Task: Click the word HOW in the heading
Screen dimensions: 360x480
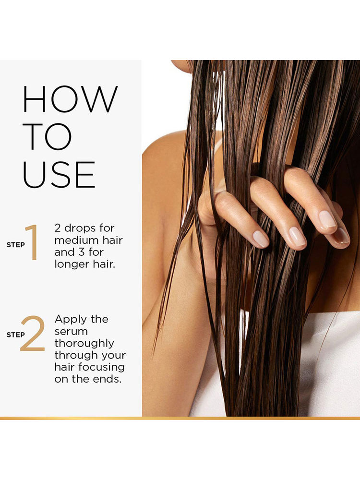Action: pos(70,99)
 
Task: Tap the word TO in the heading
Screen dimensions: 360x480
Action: pos(47,137)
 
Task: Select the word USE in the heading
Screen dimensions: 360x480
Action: pos(59,175)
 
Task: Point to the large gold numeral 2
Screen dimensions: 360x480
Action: pos(33,333)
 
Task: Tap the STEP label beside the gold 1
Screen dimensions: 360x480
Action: pos(16,245)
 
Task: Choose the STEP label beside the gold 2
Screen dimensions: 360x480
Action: pos(16,335)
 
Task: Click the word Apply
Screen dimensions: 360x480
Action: pos(71,320)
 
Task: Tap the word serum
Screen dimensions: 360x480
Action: pos(71,332)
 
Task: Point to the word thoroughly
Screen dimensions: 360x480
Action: pos(84,344)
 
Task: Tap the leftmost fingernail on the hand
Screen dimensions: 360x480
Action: pos(261,239)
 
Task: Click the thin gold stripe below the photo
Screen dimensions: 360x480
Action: pos(180,418)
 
